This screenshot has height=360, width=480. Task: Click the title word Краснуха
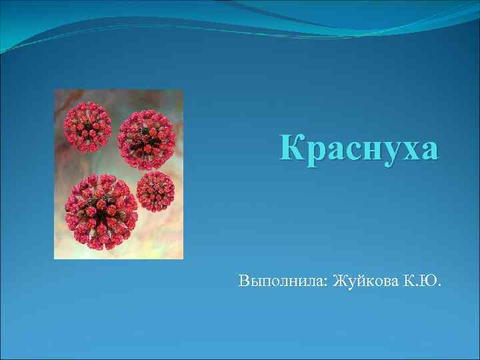point(359,148)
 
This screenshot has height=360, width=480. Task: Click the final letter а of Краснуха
point(429,151)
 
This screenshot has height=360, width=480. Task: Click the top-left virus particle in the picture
point(87,125)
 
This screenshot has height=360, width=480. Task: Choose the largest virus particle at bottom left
point(102,211)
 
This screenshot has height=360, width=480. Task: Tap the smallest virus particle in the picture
point(155,191)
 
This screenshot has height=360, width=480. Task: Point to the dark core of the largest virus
point(102,212)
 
